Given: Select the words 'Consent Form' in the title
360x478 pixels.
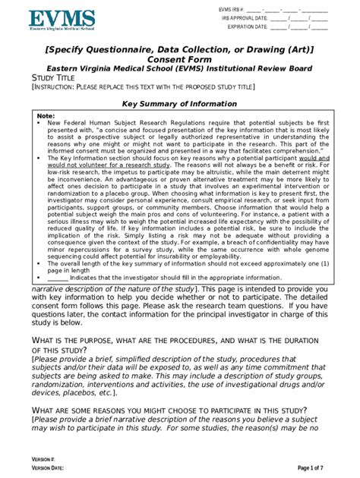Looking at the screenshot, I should pos(180,60).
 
